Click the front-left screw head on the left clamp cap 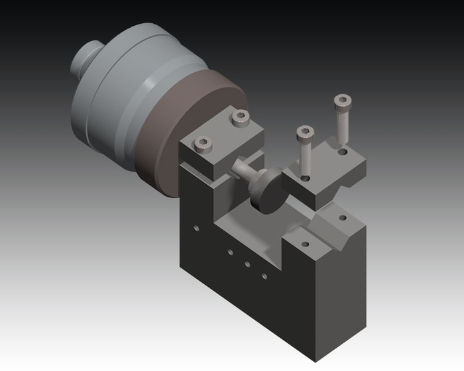click(203, 142)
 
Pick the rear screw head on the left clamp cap click(241, 119)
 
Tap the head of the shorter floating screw click(304, 132)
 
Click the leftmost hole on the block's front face click(196, 229)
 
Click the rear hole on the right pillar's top click(343, 217)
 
